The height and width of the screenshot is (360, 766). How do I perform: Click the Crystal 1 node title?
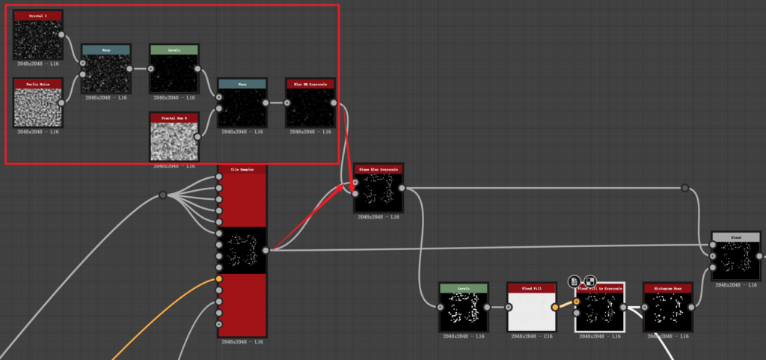coord(38,16)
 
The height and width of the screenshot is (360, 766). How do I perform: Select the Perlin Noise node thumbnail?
coord(38,103)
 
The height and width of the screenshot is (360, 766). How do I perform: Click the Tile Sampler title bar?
coord(242,170)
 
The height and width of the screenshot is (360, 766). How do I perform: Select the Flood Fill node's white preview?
coord(531,311)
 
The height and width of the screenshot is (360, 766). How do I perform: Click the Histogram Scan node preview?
coord(668,311)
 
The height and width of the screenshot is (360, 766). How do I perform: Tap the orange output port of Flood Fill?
coord(555,307)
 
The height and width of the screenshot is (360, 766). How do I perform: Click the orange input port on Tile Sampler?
coord(218,279)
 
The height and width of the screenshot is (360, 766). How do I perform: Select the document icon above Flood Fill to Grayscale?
coord(574,281)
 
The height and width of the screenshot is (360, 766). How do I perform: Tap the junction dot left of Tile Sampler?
coord(162,195)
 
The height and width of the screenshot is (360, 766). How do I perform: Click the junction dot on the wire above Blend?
coord(684,188)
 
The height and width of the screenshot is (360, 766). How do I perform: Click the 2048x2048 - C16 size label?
coord(531,336)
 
